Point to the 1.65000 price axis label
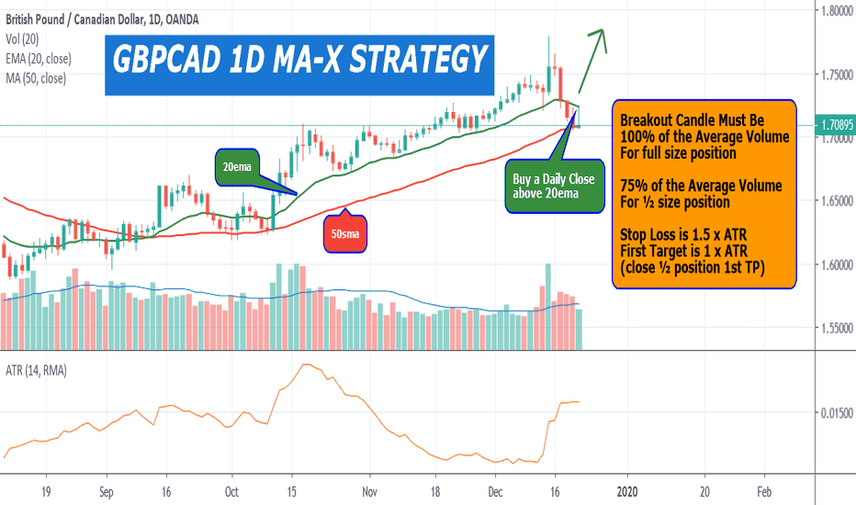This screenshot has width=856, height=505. [x=835, y=201]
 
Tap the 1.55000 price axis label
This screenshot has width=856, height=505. [x=835, y=328]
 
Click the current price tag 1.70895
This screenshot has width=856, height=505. [x=835, y=125]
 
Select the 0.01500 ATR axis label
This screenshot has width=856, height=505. [x=835, y=414]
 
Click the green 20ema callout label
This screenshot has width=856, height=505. [x=238, y=167]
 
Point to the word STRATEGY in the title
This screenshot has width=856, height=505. [x=403, y=61]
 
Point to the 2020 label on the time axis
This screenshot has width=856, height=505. [x=627, y=492]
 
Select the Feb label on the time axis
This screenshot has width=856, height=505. [x=764, y=492]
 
